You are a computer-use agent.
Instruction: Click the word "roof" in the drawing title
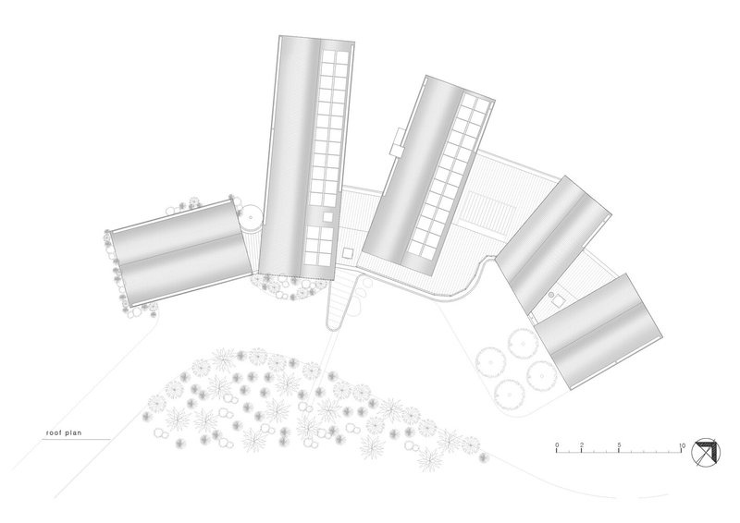(x=55, y=432)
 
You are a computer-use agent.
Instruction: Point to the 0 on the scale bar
(x=557, y=446)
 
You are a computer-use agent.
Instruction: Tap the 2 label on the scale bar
(x=581, y=446)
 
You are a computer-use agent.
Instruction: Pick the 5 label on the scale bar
(x=618, y=446)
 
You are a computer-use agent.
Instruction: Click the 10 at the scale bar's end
(x=682, y=446)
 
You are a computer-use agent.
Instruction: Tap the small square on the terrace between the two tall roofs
(x=349, y=250)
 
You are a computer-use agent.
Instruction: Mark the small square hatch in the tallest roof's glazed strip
(x=328, y=216)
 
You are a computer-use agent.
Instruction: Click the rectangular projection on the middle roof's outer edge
(x=398, y=140)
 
